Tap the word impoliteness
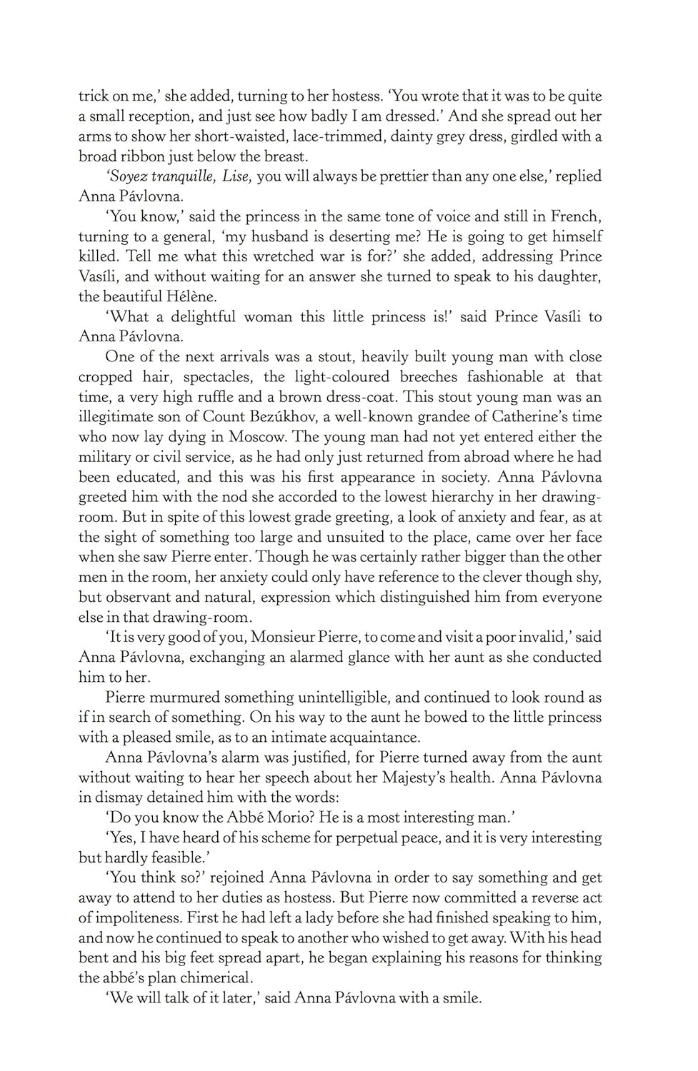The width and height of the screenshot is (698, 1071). click(134, 917)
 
